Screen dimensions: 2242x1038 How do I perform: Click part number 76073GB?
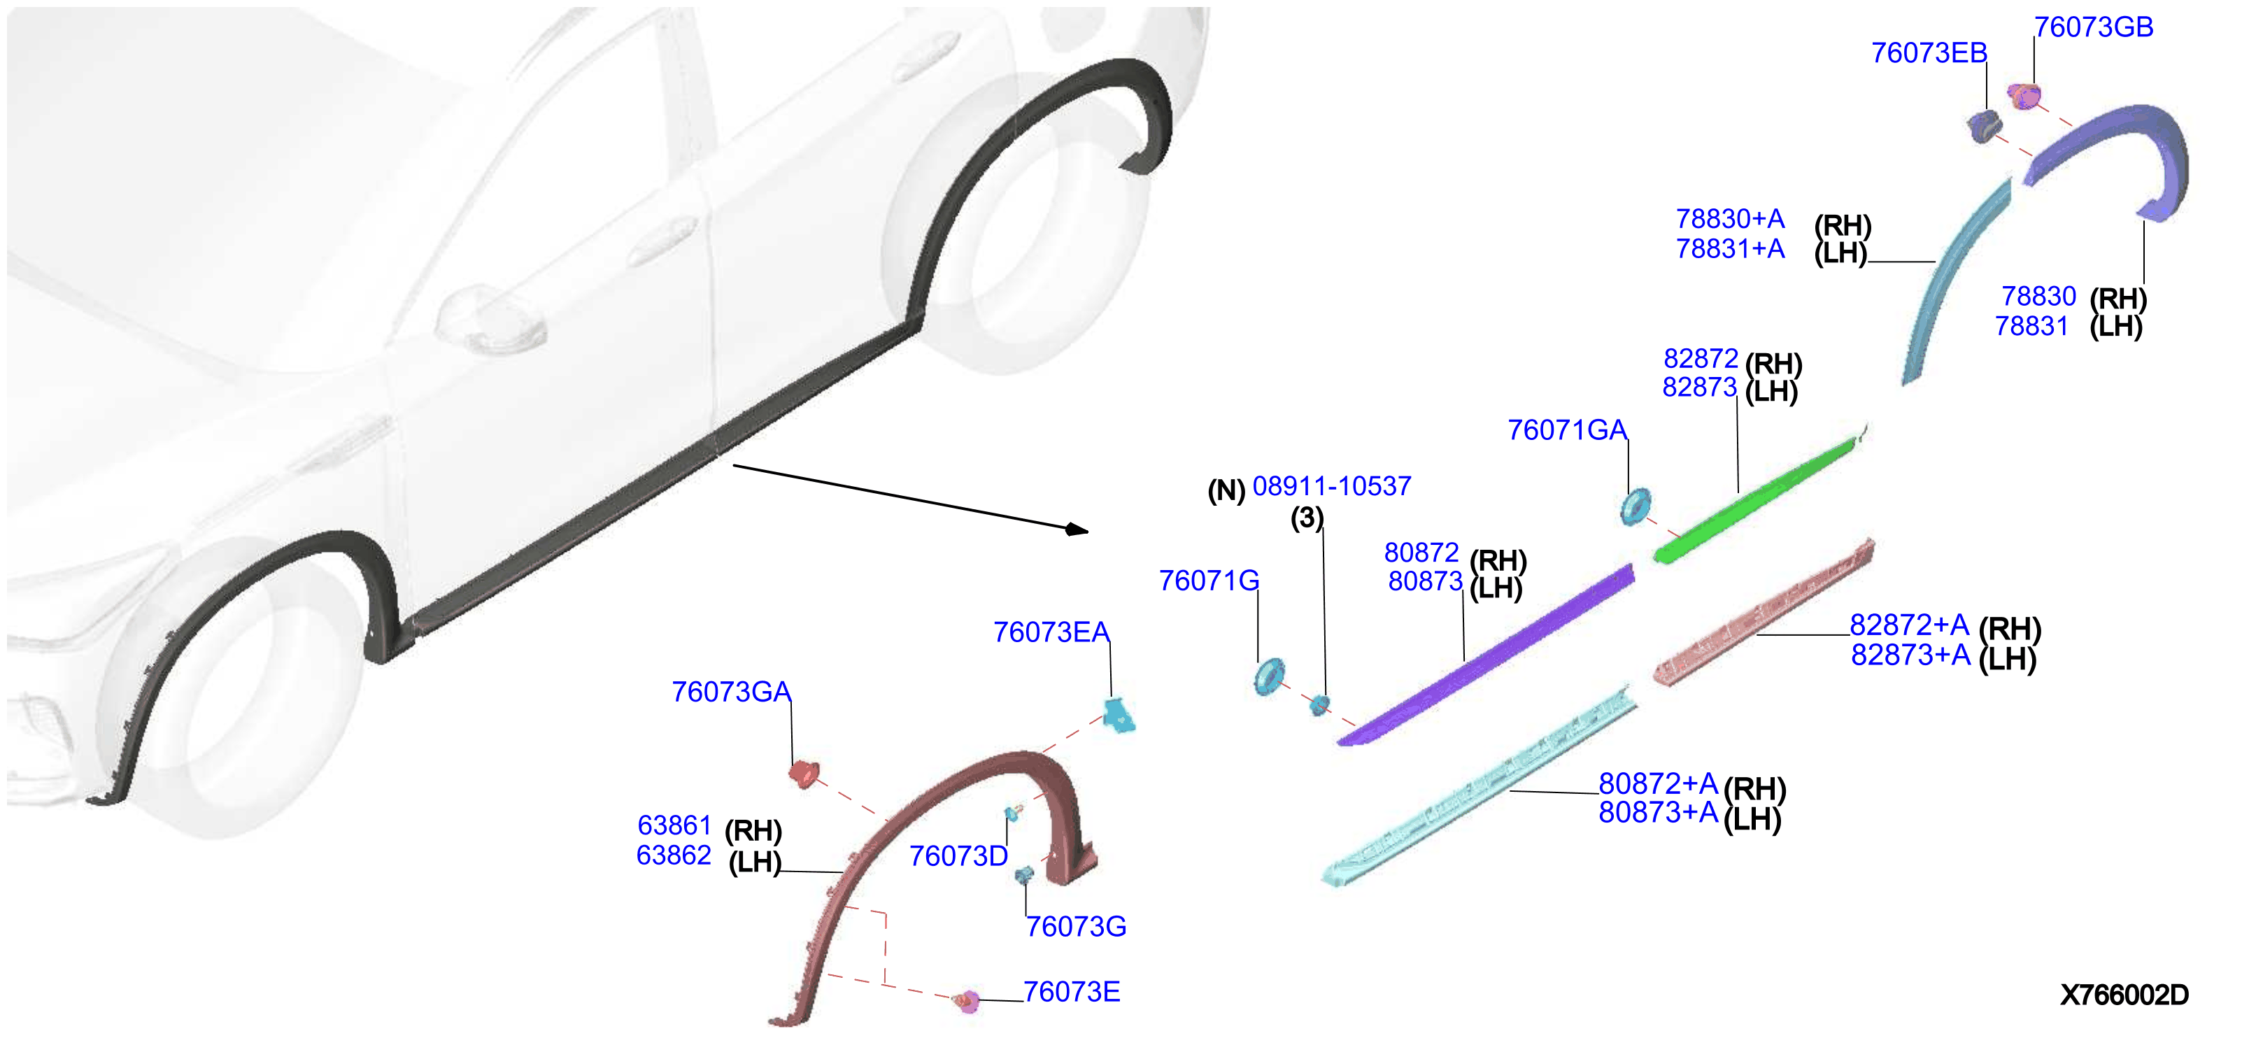pyautogui.click(x=2093, y=27)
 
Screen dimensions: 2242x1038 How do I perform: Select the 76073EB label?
pyautogui.click(x=1929, y=53)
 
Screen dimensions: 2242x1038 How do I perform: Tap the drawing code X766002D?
pyautogui.click(x=2124, y=995)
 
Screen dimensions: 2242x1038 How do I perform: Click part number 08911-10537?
pyautogui.click(x=1332, y=485)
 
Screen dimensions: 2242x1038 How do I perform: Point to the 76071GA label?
pyautogui.click(x=1567, y=429)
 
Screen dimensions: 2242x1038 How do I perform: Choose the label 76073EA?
pyautogui.click(x=1051, y=632)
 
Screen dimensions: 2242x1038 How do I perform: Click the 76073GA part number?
pyautogui.click(x=731, y=692)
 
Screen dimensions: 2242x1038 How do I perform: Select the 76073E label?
pyautogui.click(x=1072, y=992)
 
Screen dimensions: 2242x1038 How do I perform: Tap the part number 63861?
pyautogui.click(x=674, y=825)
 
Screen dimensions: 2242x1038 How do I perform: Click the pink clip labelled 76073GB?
pyautogui.click(x=2025, y=96)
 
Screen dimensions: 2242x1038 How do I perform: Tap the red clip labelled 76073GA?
pyautogui.click(x=803, y=773)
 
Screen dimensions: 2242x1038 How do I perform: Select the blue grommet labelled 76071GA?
pyautogui.click(x=1636, y=506)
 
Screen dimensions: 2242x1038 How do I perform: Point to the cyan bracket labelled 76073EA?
pyautogui.click(x=1119, y=716)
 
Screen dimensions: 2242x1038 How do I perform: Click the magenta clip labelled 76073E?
pyautogui.click(x=967, y=1002)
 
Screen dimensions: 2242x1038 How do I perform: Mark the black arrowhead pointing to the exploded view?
pyautogui.click(x=1077, y=529)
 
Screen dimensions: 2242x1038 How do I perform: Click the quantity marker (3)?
pyautogui.click(x=1307, y=518)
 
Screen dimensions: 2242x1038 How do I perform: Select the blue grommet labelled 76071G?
pyautogui.click(x=1269, y=677)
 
